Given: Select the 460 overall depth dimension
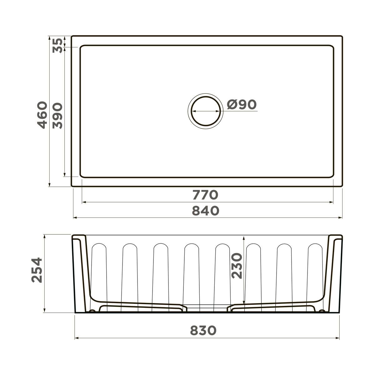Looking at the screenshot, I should (42, 115).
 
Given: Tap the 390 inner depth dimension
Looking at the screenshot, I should (57, 116).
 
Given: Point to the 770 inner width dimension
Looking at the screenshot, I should (205, 195).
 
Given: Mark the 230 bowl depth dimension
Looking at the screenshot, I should (237, 266).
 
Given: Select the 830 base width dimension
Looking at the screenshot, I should (203, 330).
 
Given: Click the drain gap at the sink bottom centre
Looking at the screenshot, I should (207, 308).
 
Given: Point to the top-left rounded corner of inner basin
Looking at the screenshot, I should (82, 47).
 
